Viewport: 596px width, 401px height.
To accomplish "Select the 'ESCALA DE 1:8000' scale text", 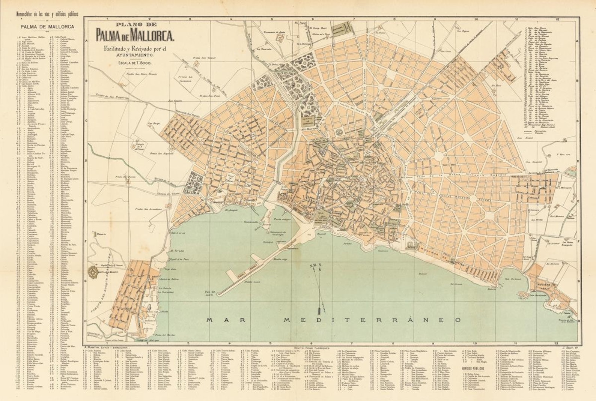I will (134, 63).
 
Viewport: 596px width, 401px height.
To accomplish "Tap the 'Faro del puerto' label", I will (206, 293).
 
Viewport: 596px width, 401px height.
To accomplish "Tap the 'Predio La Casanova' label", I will (196, 79).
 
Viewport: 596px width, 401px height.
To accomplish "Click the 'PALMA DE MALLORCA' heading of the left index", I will (47, 27).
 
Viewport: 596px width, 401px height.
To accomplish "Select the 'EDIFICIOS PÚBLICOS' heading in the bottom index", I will (472, 369).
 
